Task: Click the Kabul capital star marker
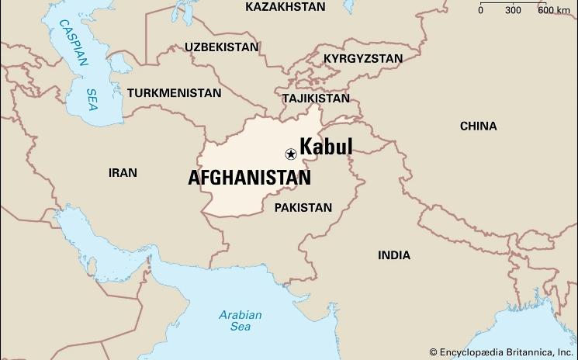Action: pos(291,154)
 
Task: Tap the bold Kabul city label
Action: pos(326,147)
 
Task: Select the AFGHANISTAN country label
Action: pos(249,178)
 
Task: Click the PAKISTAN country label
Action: pos(303,208)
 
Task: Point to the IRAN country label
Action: pos(123,172)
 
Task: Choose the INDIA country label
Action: pos(394,255)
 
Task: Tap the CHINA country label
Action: pos(479,126)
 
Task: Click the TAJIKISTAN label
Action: pos(316,99)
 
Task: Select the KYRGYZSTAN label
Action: pos(363,59)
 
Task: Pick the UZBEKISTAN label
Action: pos(221,47)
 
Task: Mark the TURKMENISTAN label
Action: pos(175,93)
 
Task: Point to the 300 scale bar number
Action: pos(513,10)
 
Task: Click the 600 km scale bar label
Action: pos(553,10)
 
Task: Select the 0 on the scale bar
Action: pos(480,10)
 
